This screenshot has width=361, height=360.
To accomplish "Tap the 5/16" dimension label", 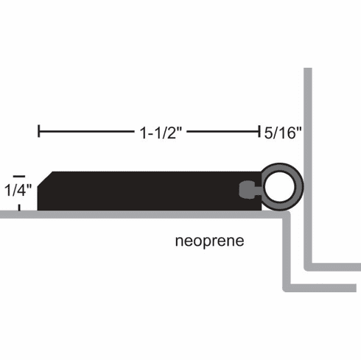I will pos(283,133).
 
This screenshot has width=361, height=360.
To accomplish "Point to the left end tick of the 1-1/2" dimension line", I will pos(38,133).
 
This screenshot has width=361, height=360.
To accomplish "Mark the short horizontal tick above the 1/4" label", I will pos(20,174).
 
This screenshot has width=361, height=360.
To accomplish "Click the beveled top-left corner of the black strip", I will pos(46,176).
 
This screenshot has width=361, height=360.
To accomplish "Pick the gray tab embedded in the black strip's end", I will pos(245,191).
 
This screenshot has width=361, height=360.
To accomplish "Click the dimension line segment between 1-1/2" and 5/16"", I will pos(225,133).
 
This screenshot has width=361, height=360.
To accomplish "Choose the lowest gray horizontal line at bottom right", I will pos(324,286).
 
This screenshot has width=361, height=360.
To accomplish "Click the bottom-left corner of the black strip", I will pos(41,209).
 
